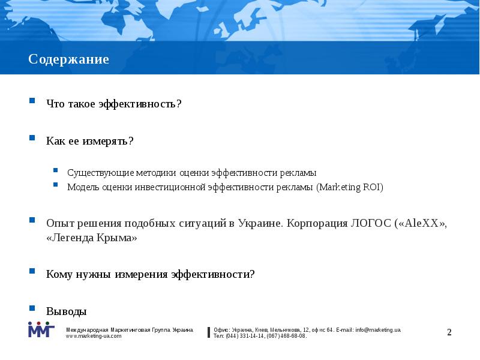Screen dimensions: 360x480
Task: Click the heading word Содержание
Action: [x=68, y=60]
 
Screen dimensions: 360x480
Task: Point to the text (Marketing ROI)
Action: [x=350, y=187]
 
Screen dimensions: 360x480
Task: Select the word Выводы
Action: [x=67, y=311]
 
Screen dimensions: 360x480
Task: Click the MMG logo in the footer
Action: [x=41, y=330]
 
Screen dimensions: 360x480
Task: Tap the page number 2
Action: [x=449, y=332]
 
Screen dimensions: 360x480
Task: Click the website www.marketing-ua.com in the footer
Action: [x=94, y=336]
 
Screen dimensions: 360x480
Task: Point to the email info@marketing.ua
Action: [x=377, y=330]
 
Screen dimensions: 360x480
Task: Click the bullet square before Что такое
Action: [x=33, y=101]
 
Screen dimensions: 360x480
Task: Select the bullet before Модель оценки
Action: [x=55, y=185]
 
